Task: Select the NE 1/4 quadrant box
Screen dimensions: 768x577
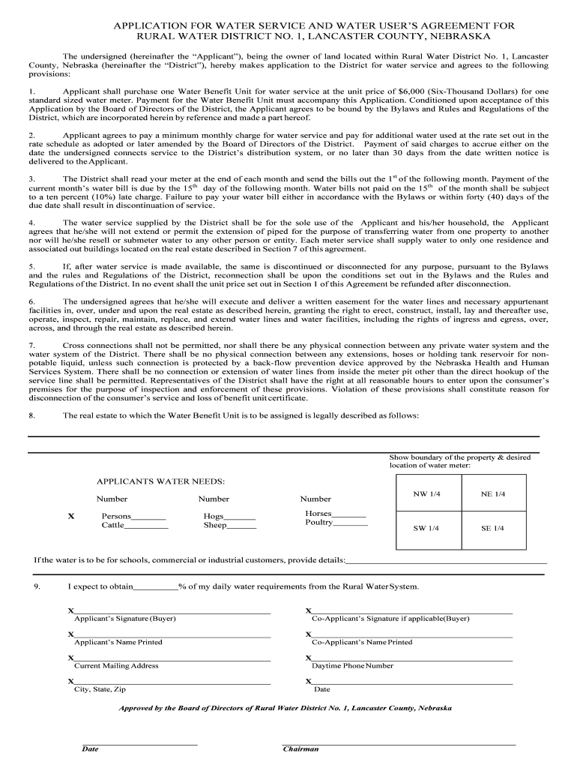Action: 493,495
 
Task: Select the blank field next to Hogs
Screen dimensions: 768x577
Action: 240,518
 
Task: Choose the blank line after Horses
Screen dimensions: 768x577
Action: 349,515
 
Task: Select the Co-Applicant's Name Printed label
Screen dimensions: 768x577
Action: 362,643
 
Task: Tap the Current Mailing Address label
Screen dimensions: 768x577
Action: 116,666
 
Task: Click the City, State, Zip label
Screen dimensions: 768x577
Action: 100,689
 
